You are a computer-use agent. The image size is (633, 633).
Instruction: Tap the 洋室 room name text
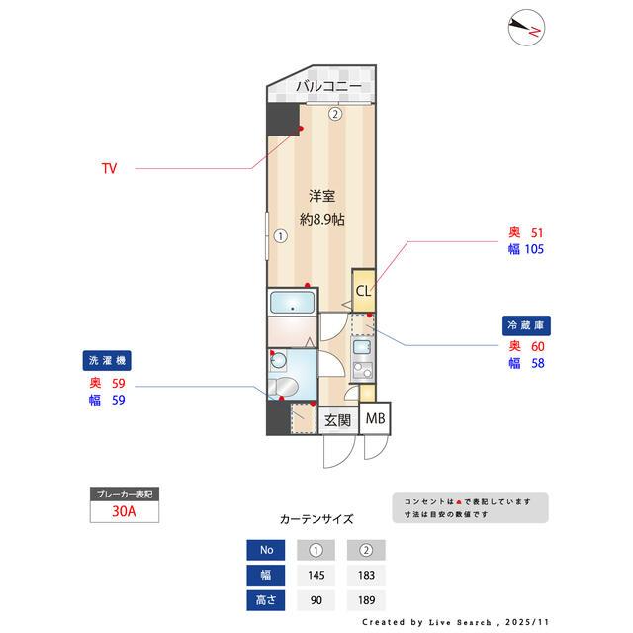tap(321, 195)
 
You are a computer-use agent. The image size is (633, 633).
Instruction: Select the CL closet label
tap(363, 291)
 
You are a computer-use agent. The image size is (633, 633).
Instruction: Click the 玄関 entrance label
tap(337, 419)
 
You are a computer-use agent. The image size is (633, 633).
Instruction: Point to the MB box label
tap(375, 418)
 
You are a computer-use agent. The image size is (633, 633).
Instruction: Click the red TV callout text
tap(109, 169)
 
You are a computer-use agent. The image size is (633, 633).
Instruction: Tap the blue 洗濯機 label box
tap(108, 361)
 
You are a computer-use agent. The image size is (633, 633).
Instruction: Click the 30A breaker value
tap(124, 512)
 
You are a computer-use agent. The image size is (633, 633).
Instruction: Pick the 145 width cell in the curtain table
tap(317, 575)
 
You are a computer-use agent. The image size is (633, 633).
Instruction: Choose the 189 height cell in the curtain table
tap(366, 599)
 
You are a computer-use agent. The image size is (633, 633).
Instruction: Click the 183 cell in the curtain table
tap(366, 575)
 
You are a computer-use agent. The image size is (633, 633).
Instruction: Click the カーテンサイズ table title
tap(316, 519)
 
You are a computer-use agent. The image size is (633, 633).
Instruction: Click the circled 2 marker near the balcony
tap(335, 114)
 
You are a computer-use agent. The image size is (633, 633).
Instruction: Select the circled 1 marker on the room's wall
tap(280, 236)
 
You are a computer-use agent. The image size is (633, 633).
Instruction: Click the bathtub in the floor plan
tap(292, 302)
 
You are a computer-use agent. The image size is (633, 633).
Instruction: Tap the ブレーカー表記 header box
tap(124, 493)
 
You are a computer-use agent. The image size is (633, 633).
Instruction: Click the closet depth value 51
tap(537, 232)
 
